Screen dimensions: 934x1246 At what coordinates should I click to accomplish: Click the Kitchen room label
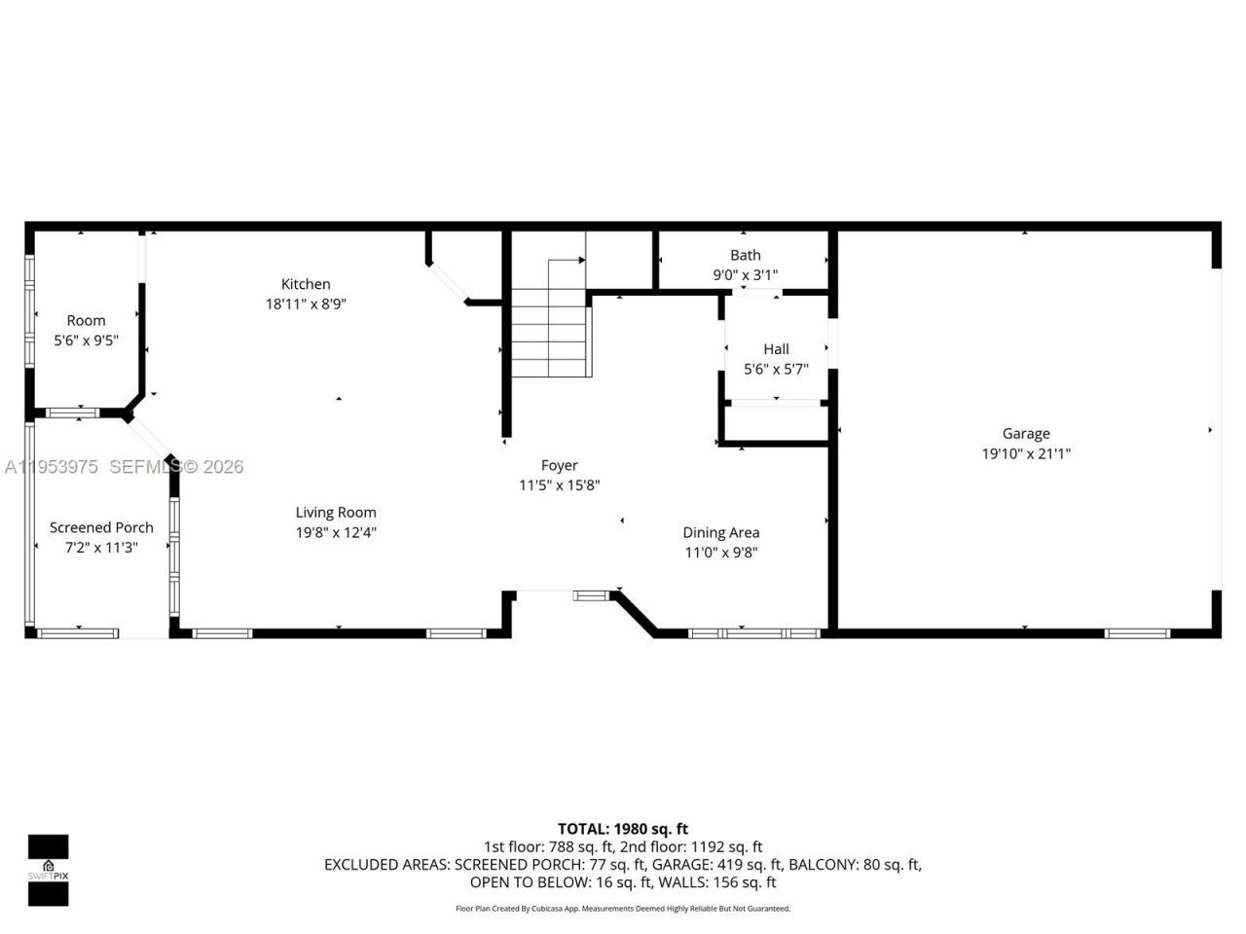[306, 284]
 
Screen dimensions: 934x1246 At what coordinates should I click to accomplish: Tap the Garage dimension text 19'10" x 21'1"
[1026, 453]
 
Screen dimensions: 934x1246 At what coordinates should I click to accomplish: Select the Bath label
[745, 255]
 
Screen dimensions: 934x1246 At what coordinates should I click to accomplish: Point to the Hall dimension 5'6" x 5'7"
[776, 369]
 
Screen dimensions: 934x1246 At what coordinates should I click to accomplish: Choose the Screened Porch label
[101, 527]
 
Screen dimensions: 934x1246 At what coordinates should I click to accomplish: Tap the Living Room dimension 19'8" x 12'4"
[336, 532]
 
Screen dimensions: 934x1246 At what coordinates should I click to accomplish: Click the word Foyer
[559, 465]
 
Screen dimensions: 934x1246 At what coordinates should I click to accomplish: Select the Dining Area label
[720, 532]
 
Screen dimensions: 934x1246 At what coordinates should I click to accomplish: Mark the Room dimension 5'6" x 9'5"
[86, 341]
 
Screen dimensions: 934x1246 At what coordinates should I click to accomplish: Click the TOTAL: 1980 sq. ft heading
[622, 829]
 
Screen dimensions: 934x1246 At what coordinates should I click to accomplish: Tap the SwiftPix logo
[48, 870]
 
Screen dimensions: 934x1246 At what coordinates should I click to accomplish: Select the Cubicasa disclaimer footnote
[622, 909]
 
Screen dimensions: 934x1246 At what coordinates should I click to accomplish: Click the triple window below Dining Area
[754, 633]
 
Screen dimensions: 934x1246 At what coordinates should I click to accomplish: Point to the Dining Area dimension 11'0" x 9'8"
[720, 553]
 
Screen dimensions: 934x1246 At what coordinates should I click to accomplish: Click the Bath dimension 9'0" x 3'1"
[745, 275]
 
